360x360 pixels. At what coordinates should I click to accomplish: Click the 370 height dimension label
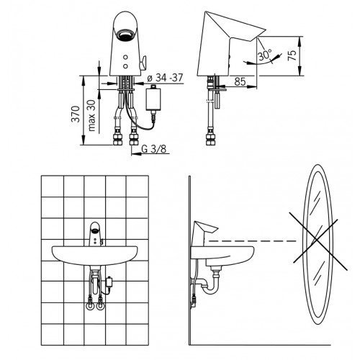(76, 114)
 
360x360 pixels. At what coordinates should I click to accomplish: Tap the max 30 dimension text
(91, 116)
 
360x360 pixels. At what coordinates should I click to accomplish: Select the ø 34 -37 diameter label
(165, 78)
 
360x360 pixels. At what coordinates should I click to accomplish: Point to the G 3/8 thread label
(154, 149)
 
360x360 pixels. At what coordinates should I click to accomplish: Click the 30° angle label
(265, 55)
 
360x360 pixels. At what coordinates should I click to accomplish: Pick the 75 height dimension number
(292, 55)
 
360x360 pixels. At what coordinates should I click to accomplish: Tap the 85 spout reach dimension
(240, 81)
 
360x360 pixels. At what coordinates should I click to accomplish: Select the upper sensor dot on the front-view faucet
(125, 58)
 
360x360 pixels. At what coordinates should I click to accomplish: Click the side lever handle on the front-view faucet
(143, 63)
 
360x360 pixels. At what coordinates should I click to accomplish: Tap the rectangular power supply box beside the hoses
(153, 99)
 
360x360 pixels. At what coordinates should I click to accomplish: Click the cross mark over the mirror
(318, 240)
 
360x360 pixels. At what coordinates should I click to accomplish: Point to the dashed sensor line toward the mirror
(253, 240)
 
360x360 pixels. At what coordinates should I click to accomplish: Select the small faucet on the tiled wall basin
(96, 233)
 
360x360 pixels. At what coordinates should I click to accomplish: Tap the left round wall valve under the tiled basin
(89, 306)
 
